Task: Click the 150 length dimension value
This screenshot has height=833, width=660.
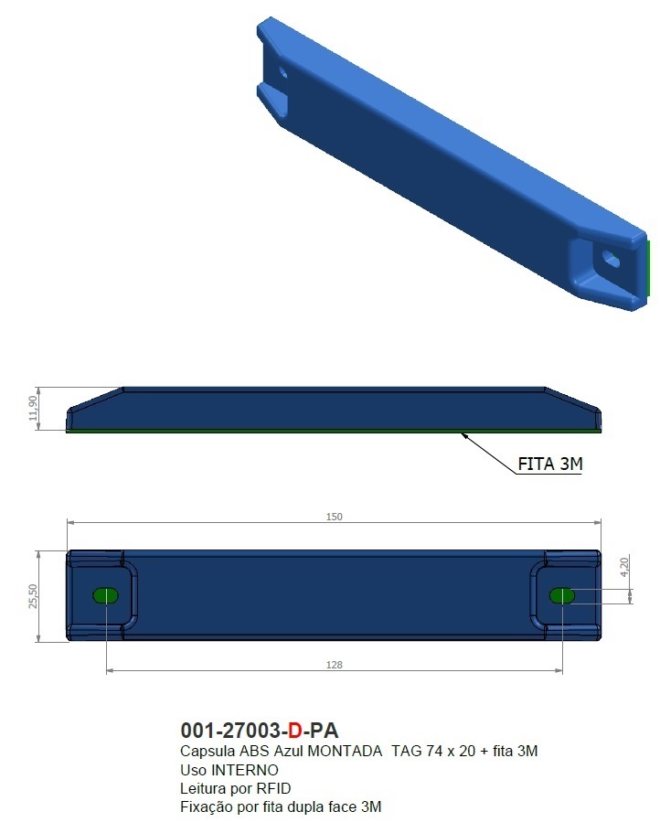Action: point(335,517)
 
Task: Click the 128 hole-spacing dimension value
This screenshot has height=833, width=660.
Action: point(335,665)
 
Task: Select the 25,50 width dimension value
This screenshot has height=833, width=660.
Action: point(34,596)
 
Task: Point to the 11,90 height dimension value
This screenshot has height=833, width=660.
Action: point(34,409)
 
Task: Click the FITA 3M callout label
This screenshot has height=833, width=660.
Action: point(550,464)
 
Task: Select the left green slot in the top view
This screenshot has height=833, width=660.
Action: point(106,596)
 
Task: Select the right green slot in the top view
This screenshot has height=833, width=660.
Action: point(562,596)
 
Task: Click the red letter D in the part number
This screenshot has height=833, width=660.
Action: point(294,731)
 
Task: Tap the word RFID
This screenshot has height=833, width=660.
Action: point(273,788)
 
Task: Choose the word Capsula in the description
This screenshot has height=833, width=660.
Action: point(207,752)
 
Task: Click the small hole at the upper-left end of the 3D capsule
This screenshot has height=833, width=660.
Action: point(282,71)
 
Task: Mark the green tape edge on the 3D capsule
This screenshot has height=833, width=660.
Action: point(648,267)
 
